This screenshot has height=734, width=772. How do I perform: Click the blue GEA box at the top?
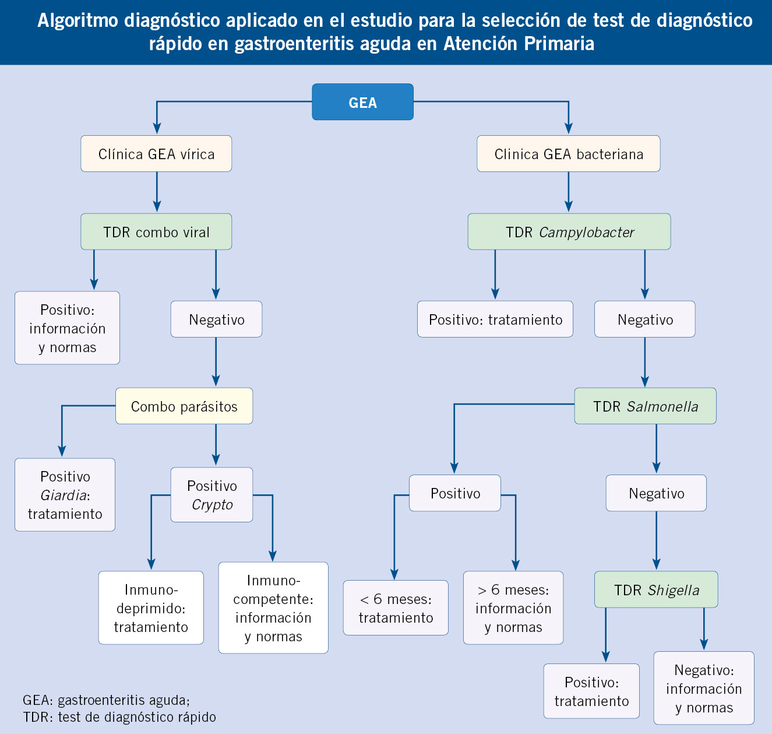pyautogui.click(x=362, y=102)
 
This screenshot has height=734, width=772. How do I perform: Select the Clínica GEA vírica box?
pyautogui.click(x=156, y=154)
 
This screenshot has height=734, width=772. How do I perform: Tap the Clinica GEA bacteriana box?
pyautogui.click(x=568, y=154)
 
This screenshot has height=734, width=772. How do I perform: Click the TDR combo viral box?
pyautogui.click(x=156, y=232)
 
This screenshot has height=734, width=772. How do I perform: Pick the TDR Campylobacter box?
pyautogui.click(x=569, y=232)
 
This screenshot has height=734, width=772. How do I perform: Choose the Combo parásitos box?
pyautogui.click(x=184, y=406)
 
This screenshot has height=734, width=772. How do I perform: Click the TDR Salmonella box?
pyautogui.click(x=645, y=406)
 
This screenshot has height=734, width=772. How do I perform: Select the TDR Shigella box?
pyautogui.click(x=656, y=590)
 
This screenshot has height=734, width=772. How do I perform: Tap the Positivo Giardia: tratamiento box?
pyautogui.click(x=65, y=495)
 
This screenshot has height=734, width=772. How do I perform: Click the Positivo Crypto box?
pyautogui.click(x=211, y=495)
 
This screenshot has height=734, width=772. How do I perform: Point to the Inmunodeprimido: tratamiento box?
pyautogui.click(x=151, y=608)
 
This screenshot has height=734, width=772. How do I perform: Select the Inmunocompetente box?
pyautogui.click(x=273, y=608)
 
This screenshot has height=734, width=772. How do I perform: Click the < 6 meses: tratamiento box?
pyautogui.click(x=396, y=608)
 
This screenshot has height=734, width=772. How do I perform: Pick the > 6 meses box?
pyautogui.click(x=513, y=608)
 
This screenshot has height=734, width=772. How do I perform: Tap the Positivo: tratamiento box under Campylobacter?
pyautogui.click(x=495, y=319)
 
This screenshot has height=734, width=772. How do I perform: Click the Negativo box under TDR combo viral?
pyautogui.click(x=216, y=319)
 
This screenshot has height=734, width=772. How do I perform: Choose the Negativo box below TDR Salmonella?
pyautogui.click(x=656, y=493)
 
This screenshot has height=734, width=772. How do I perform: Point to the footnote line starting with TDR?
pyautogui.click(x=119, y=717)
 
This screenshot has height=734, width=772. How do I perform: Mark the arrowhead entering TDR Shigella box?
pyautogui.click(x=657, y=564)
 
